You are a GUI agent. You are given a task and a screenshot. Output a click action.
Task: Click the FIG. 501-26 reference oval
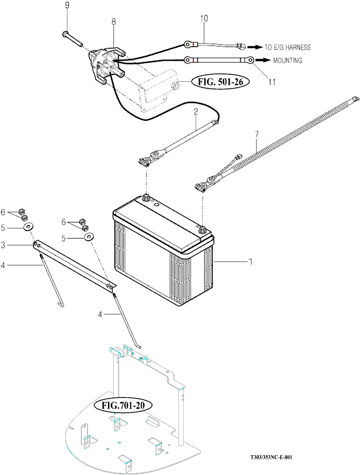point(221,81)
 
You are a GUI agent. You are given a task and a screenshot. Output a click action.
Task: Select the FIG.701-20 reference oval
point(123,405)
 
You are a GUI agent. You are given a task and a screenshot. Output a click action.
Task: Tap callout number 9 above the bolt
point(67,5)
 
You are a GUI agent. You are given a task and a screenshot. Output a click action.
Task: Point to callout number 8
point(114,22)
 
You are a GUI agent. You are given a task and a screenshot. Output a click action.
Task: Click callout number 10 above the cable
point(204,18)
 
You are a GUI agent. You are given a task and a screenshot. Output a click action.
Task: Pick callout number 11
point(272,82)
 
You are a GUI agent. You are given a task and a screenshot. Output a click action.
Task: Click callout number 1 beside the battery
point(251,261)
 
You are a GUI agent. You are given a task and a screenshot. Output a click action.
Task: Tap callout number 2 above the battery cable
point(196,111)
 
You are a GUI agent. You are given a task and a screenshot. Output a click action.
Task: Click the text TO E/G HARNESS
point(288,47)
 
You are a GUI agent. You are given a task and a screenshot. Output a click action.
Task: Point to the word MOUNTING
point(288,61)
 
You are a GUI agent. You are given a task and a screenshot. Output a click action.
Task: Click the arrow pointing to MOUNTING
point(262,60)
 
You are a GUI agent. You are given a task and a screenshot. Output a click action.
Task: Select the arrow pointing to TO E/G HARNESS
point(255,47)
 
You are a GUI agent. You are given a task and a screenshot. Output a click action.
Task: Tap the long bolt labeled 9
point(73,39)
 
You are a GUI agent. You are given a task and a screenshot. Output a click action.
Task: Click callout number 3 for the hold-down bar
point(3,245)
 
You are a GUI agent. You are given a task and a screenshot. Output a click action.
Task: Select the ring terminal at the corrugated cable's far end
point(355,99)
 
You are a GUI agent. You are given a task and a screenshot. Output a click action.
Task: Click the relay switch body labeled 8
point(106,65)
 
